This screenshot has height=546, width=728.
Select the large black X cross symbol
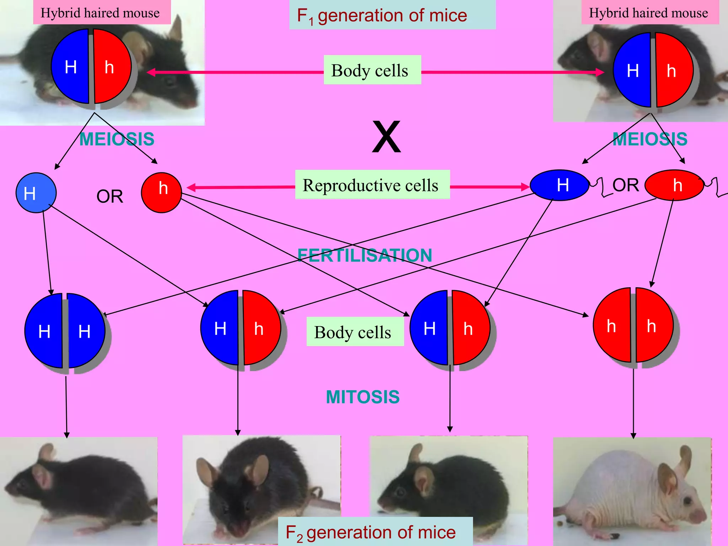386,137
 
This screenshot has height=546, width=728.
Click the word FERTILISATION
365,255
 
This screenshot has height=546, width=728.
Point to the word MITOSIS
363,397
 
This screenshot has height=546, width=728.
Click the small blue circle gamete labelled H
36,193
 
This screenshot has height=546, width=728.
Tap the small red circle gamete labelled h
161,192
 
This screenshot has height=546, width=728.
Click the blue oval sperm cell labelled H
559,185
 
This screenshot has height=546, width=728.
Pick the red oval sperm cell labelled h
674,185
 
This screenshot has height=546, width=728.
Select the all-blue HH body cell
65,331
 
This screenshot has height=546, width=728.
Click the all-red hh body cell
633,325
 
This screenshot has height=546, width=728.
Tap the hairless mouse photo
632,492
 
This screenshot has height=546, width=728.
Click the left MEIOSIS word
117,139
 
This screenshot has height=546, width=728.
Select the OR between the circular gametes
110,196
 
